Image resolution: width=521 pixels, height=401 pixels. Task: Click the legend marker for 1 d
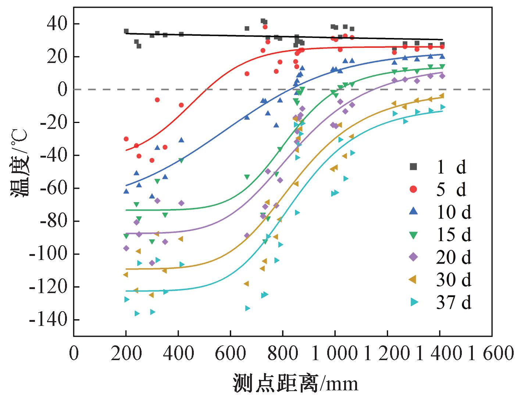414,167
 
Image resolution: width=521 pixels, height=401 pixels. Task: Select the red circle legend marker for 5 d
414,189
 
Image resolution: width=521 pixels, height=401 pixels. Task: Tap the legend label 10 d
453,212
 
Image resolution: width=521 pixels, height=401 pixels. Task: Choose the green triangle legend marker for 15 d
414,235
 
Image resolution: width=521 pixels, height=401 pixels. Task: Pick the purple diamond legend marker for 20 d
414,257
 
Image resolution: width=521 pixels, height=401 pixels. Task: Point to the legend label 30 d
453,280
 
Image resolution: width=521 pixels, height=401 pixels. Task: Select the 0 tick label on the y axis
61,89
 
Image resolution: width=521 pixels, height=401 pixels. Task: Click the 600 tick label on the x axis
230,354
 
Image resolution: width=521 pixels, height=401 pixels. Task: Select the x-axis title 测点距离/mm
295,384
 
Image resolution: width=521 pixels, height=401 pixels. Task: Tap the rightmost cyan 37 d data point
443,107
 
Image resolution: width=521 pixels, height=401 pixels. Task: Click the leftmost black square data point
126,31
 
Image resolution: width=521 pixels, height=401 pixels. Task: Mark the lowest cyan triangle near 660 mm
247,308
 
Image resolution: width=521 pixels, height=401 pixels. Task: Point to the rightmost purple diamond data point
442,76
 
